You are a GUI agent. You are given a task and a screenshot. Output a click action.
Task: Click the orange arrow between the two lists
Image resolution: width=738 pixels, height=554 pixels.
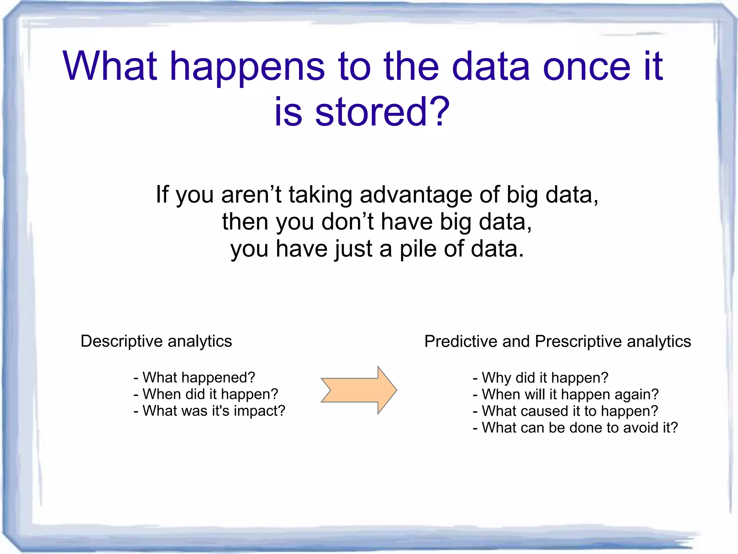359,390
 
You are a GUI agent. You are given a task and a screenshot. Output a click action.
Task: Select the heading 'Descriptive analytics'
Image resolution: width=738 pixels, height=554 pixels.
156,341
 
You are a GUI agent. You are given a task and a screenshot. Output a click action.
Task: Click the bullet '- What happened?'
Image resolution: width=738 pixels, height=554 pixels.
194,378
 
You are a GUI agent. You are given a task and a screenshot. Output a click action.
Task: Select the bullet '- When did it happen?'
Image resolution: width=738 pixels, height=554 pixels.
206,394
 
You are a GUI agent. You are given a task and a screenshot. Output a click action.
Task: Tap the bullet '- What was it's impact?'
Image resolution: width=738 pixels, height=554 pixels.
209,411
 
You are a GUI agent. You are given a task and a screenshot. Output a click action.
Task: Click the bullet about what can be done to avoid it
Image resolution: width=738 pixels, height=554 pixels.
575,428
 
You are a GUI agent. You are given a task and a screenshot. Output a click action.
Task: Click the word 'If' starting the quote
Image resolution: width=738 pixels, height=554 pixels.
162,195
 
